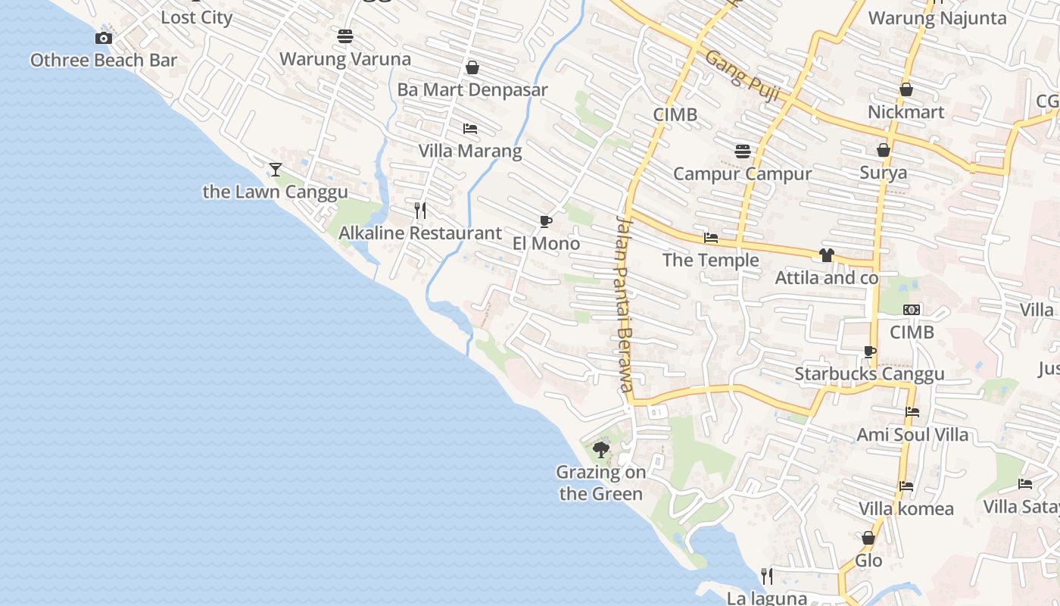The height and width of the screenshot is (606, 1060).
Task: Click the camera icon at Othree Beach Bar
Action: coord(104,38)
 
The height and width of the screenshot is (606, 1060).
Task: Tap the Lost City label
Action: coord(197,17)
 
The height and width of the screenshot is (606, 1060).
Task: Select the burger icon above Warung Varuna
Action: coord(345,36)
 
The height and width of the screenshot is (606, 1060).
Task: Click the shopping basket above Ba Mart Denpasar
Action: coord(472,67)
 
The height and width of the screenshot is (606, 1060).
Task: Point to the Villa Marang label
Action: coord(470,151)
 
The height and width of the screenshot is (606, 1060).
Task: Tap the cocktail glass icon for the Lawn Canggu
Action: coord(276,169)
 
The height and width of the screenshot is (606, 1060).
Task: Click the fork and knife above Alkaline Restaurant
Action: coord(420,210)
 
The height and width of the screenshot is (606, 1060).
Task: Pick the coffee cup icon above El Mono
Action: coord(545,221)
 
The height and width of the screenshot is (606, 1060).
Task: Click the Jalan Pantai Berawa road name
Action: coord(624,304)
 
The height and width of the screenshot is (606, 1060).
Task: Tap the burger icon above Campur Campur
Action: coord(743,151)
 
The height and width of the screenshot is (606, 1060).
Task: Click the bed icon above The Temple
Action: coord(710,238)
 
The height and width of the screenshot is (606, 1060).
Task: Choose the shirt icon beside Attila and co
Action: coord(826,255)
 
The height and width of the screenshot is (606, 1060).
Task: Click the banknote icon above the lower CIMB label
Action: coord(912,310)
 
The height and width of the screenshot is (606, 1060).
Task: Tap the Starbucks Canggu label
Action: coord(869,374)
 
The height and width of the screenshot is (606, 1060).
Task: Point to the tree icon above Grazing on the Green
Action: coord(601,450)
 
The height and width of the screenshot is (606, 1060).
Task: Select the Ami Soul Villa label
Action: coord(912,435)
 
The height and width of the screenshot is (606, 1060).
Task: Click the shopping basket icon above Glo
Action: coord(868,538)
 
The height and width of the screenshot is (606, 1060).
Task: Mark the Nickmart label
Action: coord(906,112)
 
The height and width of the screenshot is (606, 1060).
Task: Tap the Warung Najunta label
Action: coord(937,18)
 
